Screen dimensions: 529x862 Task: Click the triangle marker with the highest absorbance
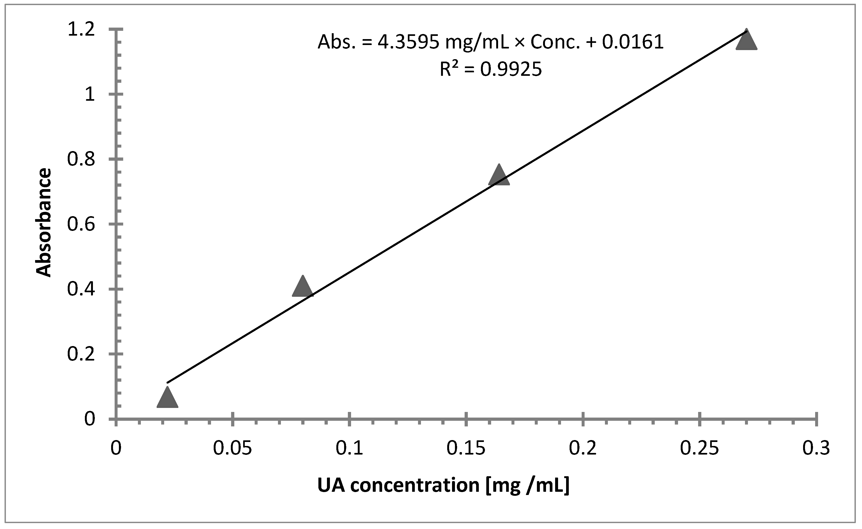pos(746,41)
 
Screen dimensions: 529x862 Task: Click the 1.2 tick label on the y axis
pos(81,30)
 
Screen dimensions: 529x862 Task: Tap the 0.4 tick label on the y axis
pos(81,289)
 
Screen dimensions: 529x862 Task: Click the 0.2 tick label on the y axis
pos(81,354)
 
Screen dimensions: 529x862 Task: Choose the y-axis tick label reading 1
pos(90,95)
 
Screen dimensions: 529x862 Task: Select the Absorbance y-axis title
pos(44,223)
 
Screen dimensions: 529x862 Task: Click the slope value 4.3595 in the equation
pos(408,42)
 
